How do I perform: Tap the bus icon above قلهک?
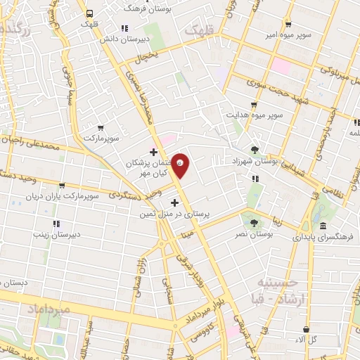(89, 13)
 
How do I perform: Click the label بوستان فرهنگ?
(146, 8)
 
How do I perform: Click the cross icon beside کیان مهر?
(153, 151)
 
